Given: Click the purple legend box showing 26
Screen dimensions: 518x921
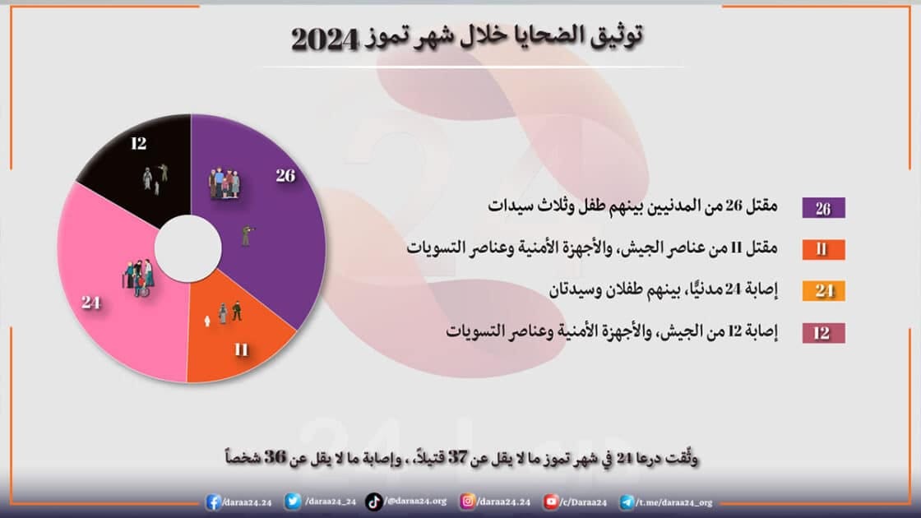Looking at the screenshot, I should click(823, 208).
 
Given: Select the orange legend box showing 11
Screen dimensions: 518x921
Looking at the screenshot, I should click(823, 249).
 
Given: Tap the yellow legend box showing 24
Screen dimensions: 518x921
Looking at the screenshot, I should click(823, 291).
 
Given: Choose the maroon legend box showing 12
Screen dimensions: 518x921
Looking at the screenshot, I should click(823, 333).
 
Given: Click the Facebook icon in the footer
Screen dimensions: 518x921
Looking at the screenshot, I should click(214, 502).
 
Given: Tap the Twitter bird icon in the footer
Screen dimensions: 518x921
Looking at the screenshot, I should click(293, 502).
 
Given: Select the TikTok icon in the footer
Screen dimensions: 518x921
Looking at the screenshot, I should click(373, 502).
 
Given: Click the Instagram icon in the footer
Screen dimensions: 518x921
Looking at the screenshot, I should click(467, 502).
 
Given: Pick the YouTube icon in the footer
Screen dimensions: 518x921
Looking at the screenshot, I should click(551, 502).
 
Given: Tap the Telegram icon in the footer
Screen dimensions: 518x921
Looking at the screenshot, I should click(627, 502).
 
